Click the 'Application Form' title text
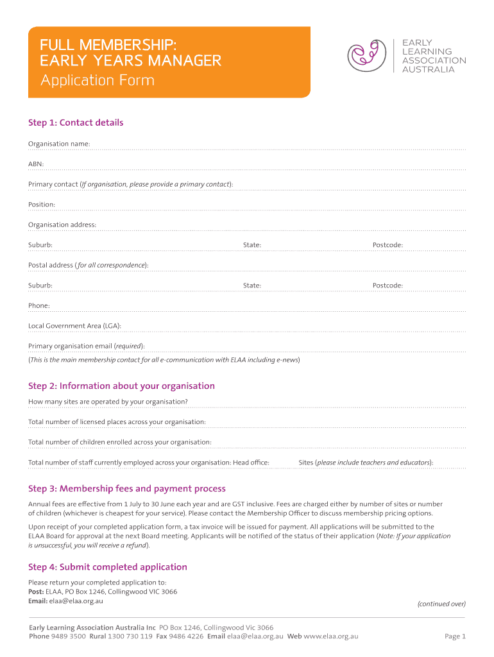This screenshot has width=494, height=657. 98,81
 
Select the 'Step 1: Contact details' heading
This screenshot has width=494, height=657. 76,123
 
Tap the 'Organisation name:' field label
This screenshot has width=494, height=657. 59,144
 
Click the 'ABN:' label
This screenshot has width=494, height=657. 36,164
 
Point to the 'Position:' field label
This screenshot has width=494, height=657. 42,205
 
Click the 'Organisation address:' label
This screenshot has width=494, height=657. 62,225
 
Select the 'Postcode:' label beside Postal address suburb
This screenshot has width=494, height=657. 388,286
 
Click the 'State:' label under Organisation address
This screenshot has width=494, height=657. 252,245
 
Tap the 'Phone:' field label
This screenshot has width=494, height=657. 39,306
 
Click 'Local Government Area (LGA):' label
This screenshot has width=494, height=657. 74,326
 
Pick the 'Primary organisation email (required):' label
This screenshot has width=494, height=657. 87,346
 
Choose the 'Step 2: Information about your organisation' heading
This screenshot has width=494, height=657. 121,386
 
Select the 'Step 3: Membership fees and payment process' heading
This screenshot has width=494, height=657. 127,489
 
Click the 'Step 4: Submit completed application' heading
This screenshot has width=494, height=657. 108,567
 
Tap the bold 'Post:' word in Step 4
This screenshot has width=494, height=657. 36,592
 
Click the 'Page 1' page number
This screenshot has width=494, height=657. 455,636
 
